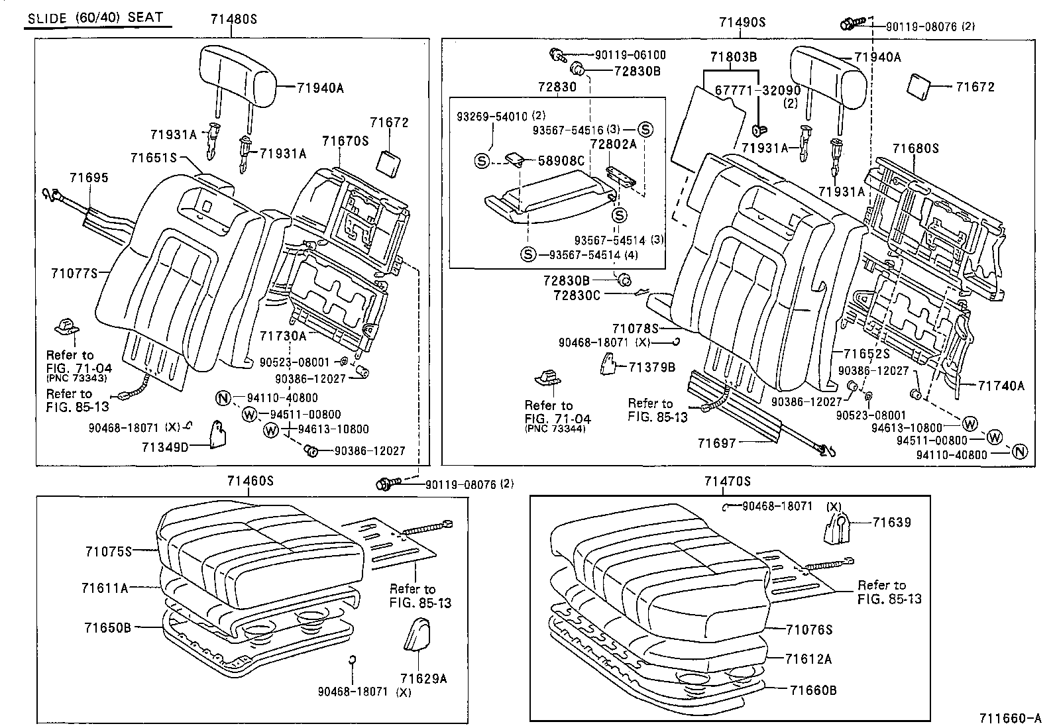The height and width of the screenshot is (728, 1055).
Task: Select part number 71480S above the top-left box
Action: pos(233,20)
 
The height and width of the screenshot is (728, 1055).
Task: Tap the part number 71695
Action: pos(89,178)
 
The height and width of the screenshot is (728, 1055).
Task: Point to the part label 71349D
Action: pos(165,447)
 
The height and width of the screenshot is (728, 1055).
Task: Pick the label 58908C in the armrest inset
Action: pos(561,160)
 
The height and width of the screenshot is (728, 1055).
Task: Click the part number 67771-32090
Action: pos(758,90)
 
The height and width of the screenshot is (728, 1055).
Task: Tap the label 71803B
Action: pos(734,57)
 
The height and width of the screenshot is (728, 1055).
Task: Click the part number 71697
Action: pos(716,442)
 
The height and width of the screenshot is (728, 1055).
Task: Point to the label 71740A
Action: pos(1001,386)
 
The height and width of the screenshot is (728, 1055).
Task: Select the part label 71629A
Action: pos(423,678)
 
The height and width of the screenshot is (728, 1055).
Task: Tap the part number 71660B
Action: pos(813,690)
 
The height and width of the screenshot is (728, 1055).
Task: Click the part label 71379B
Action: pos(651,366)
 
